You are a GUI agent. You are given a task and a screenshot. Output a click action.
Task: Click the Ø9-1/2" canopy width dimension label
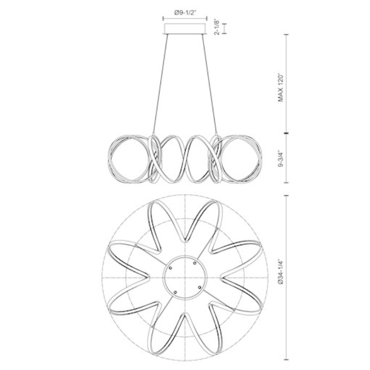pyautogui.click(x=185, y=12)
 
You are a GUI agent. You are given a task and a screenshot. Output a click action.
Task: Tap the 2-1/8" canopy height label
pyautogui.click(x=216, y=26)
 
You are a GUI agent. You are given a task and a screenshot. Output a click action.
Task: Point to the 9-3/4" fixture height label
pyautogui.click(x=280, y=159)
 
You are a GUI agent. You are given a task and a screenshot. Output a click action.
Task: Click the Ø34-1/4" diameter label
pyautogui.click(x=280, y=272)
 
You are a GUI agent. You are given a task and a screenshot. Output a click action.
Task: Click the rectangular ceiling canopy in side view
pyautogui.click(x=185, y=29)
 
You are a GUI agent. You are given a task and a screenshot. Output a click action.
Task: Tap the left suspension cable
pyautogui.click(x=160, y=84)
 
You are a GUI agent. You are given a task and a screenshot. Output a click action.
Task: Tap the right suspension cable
pyautogui.click(x=209, y=84)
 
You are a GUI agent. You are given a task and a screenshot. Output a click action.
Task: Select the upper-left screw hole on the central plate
pyautogui.click(x=170, y=268)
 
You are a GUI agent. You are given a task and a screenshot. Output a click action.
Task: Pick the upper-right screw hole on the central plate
pyautogui.click(x=195, y=263)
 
